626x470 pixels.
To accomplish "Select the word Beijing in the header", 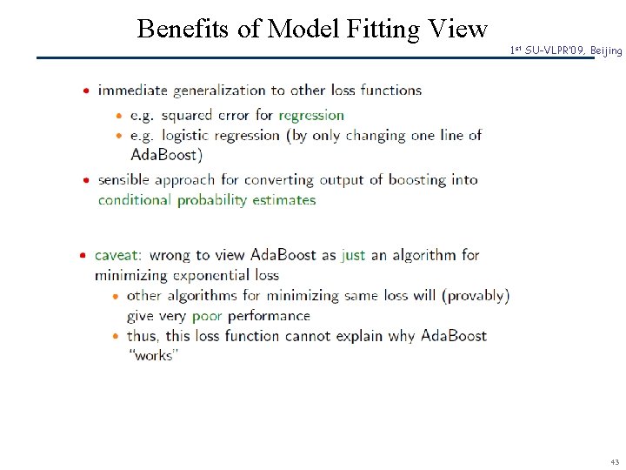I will coord(606,51).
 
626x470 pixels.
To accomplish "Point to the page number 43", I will coord(615,461).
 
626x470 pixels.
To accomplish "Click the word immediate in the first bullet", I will coord(133,90).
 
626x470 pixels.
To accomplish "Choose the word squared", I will coord(187,115).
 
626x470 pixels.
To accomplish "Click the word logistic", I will coord(184,136).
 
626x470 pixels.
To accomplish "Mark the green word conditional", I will coord(135,200).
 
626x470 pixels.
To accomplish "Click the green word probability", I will coord(212,200).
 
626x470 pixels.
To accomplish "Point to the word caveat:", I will coord(117,255).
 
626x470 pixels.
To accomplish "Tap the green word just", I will coord(354,255).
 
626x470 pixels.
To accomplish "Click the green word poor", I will coord(207,316).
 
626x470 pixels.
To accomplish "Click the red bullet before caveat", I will coord(83,255).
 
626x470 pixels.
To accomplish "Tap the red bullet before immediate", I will coord(86,90).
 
